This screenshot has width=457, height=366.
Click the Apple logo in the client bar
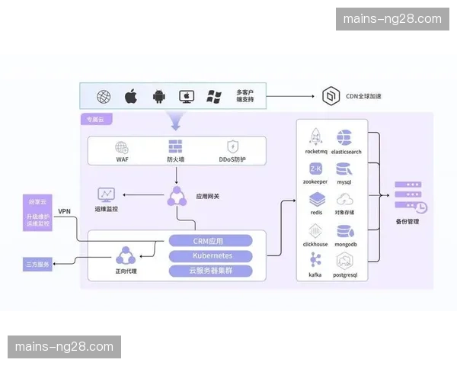[131, 97]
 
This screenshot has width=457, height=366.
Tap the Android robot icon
[158, 97]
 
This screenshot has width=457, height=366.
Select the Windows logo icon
[214, 97]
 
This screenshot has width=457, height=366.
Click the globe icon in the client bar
[104, 97]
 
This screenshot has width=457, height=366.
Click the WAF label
[122, 160]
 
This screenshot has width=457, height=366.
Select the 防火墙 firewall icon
[176, 146]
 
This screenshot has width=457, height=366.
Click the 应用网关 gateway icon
[177, 196]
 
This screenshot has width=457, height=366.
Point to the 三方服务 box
[37, 265]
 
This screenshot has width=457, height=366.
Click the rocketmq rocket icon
[315, 137]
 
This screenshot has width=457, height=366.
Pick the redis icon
[315, 200]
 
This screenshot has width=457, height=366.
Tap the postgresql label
[345, 274]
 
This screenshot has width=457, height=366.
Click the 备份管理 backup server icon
[410, 197]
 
